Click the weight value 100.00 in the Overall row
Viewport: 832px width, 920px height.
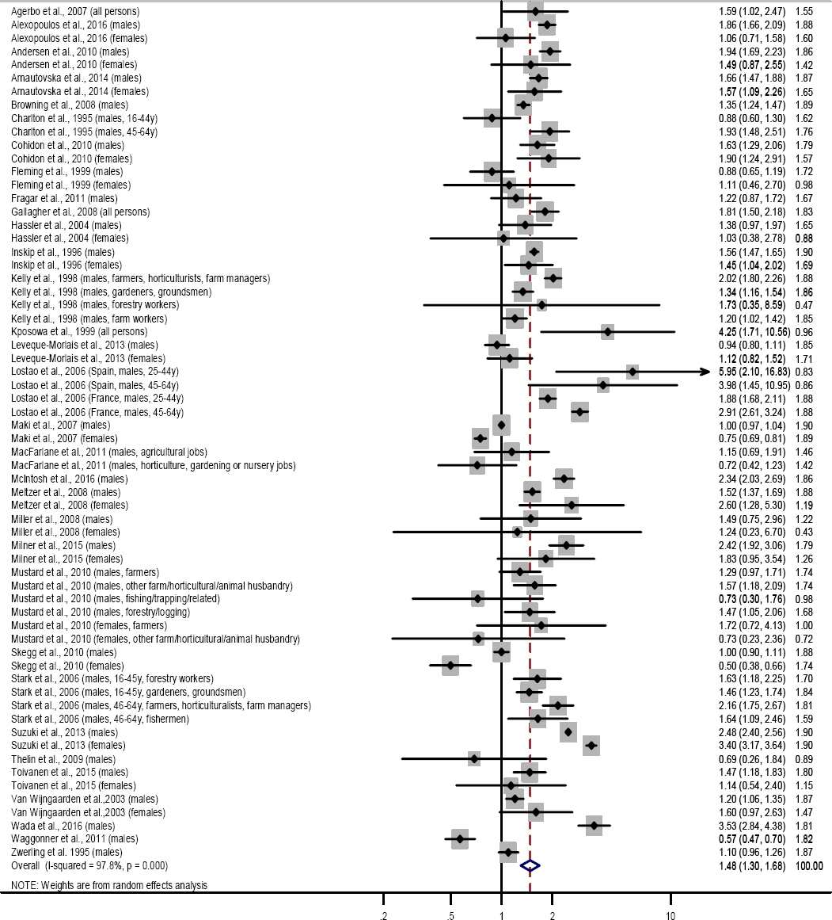807,866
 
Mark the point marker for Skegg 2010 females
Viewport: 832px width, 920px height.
450,665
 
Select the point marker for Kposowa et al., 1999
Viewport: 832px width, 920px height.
607,331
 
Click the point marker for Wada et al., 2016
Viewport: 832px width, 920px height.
594,826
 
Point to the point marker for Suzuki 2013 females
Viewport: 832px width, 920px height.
591,746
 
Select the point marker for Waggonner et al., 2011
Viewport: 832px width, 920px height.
459,839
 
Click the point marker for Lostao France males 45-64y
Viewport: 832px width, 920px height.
580,412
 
